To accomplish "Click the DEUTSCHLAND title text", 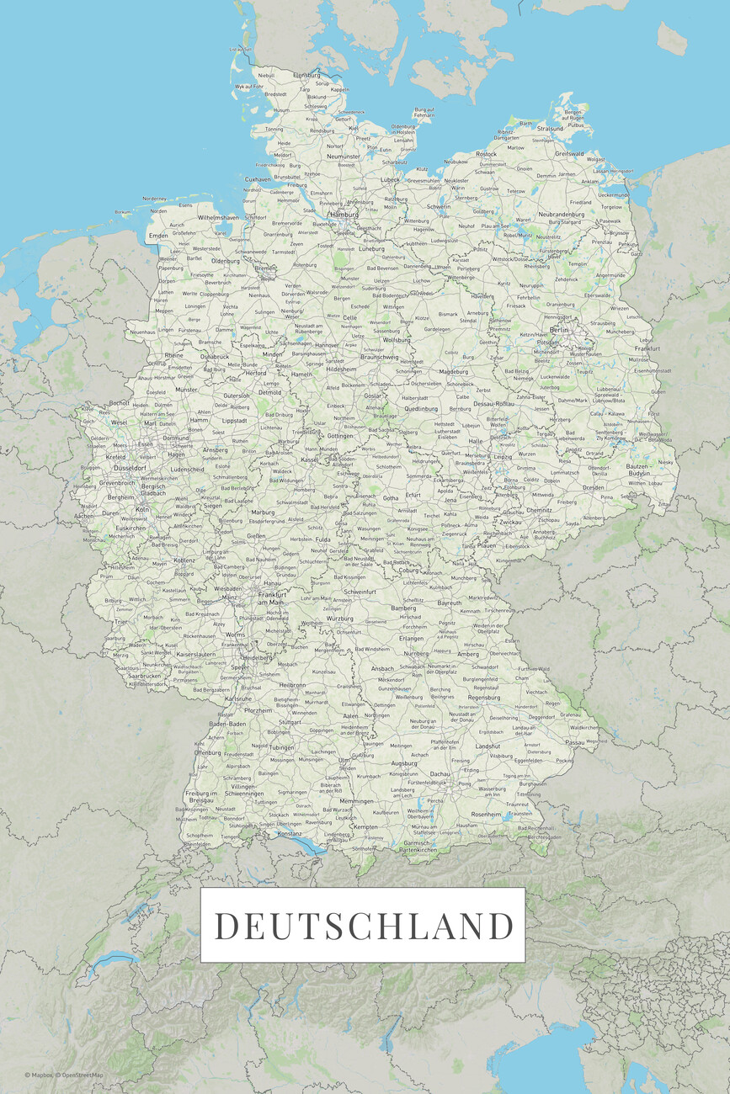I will tap(363, 926).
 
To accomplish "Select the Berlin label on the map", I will tap(559, 330).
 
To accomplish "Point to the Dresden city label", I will tap(594, 486).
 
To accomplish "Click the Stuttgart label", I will tap(289, 722).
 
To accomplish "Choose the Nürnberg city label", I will tap(416, 653).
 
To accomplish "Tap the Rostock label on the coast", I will tap(486, 154).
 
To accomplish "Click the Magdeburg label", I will tap(453, 371).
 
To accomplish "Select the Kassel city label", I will tap(309, 459).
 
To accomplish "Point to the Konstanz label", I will tap(290, 833).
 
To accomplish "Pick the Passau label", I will tap(575, 743).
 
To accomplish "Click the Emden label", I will tap(157, 236).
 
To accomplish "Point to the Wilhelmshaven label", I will tap(218, 217).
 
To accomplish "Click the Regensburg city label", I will tap(484, 697).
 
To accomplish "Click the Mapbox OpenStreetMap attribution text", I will tap(64, 1075).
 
